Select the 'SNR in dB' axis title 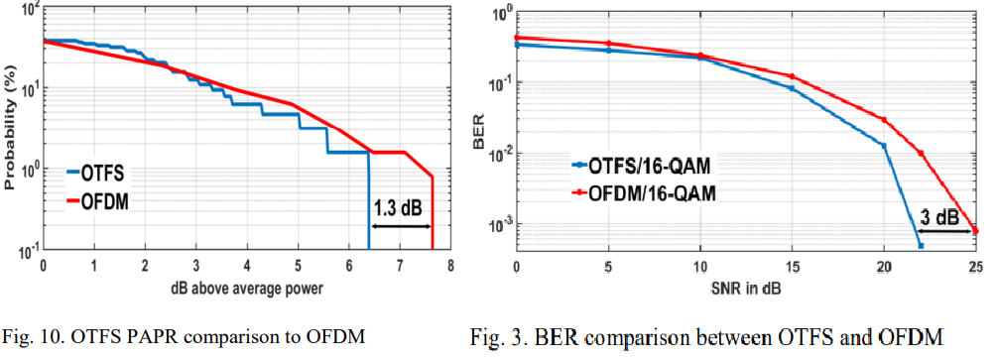click(x=744, y=289)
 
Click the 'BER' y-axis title click(x=481, y=132)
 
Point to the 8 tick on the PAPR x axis click(x=450, y=267)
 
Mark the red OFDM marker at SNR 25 click(x=974, y=231)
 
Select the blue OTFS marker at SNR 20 click(x=883, y=145)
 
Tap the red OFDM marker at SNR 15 click(x=791, y=76)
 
